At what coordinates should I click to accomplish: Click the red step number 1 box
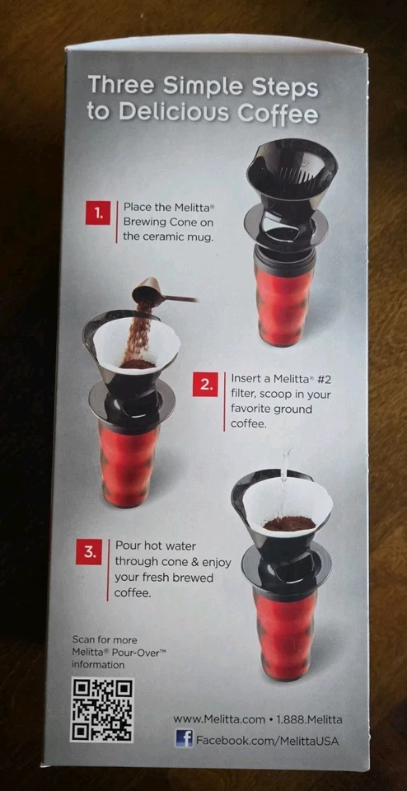(98, 213)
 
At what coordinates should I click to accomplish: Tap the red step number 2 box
(204, 385)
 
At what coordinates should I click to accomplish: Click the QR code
(101, 709)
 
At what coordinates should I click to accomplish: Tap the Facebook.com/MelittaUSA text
(267, 741)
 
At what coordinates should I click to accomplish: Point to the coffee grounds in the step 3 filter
(288, 522)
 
